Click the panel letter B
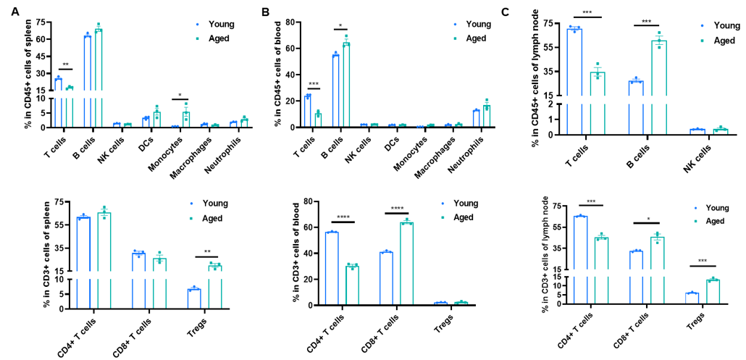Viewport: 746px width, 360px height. pos(266,12)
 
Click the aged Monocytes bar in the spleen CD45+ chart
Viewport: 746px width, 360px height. pos(185,120)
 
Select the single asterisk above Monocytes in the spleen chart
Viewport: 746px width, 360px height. pos(180,94)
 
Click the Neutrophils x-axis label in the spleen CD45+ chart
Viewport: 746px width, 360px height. pos(233,145)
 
